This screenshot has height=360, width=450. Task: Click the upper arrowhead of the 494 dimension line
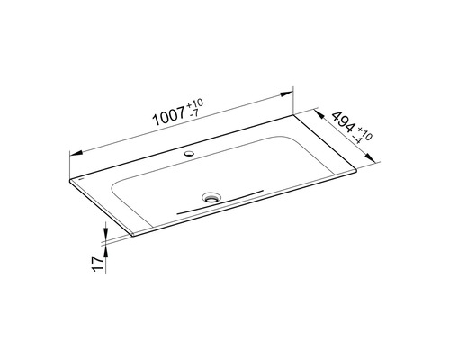tap(316, 112)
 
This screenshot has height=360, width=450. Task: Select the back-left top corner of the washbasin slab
tap(70, 177)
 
